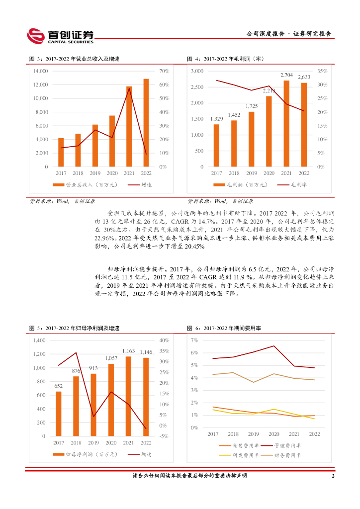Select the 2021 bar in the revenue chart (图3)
click(129, 126)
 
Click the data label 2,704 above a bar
click(286, 75)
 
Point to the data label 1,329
click(216, 119)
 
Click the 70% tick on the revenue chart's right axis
click(165, 71)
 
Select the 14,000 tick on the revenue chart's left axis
click(40, 71)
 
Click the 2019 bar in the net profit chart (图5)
click(93, 405)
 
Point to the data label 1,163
click(129, 351)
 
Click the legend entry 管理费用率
click(290, 445)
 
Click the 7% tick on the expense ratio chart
click(194, 340)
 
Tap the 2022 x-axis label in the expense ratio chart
click(314, 434)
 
